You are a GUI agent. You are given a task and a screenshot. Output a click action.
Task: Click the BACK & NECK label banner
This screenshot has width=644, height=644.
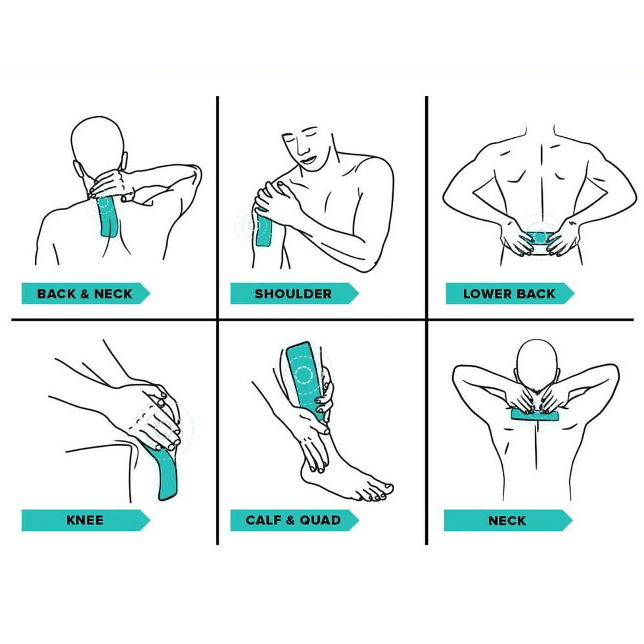pyautogui.click(x=85, y=293)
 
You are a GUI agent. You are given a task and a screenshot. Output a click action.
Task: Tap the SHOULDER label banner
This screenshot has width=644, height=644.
pyautogui.click(x=294, y=293)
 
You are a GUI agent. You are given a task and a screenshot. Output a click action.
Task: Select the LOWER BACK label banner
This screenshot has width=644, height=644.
pyautogui.click(x=510, y=293)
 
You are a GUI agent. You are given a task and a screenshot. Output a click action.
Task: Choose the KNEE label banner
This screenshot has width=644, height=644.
pyautogui.click(x=85, y=520)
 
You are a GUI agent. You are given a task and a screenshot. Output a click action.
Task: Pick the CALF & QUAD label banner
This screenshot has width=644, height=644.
pyautogui.click(x=294, y=520)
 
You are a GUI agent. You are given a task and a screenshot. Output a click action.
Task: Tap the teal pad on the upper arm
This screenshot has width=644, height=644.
pyautogui.click(x=264, y=228)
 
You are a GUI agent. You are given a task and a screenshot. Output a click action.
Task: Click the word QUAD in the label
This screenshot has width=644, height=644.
pyautogui.click(x=320, y=520)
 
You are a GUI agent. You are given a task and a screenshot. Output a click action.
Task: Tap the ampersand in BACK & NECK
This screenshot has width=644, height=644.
pyautogui.click(x=85, y=294)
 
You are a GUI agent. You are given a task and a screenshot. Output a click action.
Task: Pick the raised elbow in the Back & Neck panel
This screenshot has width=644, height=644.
pyautogui.click(x=194, y=172)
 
